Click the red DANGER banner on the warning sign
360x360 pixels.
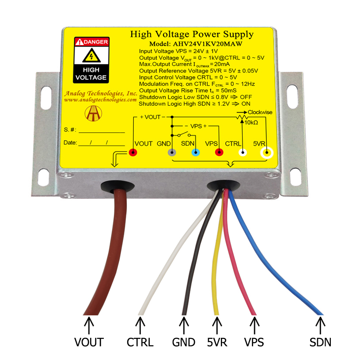click(x=91, y=42)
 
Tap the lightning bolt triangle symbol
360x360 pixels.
click(x=91, y=56)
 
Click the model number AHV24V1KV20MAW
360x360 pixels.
click(x=207, y=44)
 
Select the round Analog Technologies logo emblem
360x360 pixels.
click(x=93, y=114)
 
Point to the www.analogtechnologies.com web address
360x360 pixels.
click(x=100, y=100)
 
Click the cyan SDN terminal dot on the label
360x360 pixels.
click(x=196, y=152)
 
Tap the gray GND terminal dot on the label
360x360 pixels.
click(x=172, y=152)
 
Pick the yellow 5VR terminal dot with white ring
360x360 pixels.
click(x=267, y=152)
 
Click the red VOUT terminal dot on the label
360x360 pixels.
click(x=133, y=152)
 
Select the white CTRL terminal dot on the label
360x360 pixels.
click(x=243, y=152)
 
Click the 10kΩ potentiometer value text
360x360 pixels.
click(x=251, y=123)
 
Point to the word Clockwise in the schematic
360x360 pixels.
click(x=260, y=112)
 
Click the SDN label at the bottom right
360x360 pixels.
click(x=320, y=342)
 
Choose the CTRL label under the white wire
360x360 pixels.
click(x=140, y=342)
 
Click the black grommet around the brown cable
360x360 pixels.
click(x=118, y=186)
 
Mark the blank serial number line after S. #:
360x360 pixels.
click(x=102, y=133)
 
